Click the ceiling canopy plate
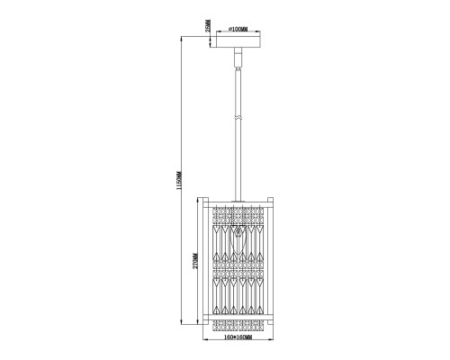point(238,42)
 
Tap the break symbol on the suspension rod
point(238,118)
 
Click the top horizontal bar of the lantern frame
point(238,204)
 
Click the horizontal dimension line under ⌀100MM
point(238,35)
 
